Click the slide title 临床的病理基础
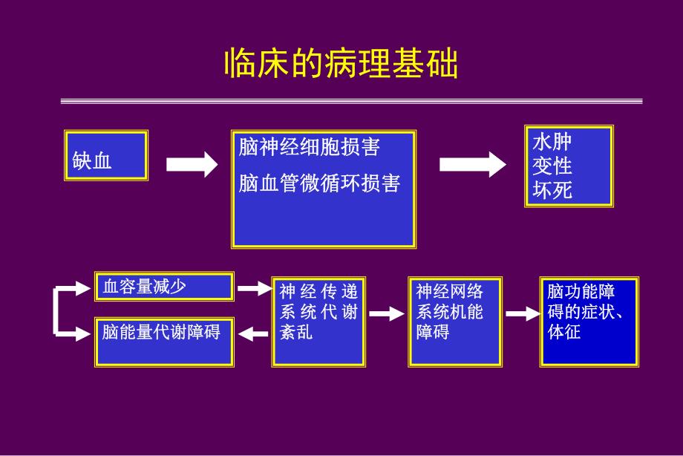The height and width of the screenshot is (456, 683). tap(341, 65)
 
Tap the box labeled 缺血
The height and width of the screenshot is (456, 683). tap(106, 155)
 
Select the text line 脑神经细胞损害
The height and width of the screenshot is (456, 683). tap(309, 148)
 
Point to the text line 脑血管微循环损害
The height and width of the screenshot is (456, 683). tap(319, 183)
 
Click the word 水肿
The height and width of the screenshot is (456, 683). tap(552, 141)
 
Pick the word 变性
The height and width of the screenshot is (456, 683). tap(552, 166)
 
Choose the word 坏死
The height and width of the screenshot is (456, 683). tap(552, 190)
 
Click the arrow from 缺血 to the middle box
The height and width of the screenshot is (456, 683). tap(191, 164)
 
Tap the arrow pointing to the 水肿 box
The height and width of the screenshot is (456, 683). tap(472, 164)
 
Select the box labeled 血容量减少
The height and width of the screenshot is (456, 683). tap(164, 287)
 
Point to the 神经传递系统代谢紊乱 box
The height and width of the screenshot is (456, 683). tap(319, 322)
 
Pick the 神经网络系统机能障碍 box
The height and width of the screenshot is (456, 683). tap(455, 322)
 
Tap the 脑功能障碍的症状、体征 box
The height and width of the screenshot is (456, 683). tap(589, 322)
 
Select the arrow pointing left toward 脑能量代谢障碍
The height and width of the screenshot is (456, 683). tap(255, 334)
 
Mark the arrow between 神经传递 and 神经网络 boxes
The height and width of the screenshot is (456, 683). tap(387, 314)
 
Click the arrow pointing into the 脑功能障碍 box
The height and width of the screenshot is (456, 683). tap(522, 314)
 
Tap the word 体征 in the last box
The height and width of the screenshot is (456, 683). tap(564, 332)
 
